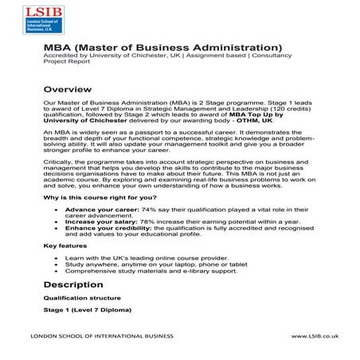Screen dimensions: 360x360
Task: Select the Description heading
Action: point(76,284)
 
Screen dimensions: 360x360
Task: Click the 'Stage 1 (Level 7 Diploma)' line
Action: point(88,309)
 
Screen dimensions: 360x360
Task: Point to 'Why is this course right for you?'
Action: point(100,195)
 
